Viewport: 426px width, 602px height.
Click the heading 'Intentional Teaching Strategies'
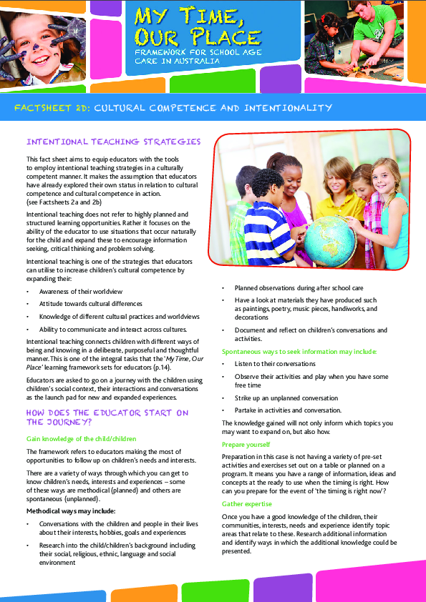(x=113, y=142)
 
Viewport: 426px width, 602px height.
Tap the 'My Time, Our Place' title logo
(x=193, y=26)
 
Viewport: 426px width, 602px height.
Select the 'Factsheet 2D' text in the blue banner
(x=54, y=108)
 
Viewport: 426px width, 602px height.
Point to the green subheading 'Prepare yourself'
(x=246, y=445)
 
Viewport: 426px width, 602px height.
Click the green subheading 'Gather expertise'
(x=246, y=505)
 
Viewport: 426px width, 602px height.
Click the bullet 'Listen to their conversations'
(x=275, y=364)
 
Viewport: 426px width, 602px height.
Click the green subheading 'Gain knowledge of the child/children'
(x=81, y=438)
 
